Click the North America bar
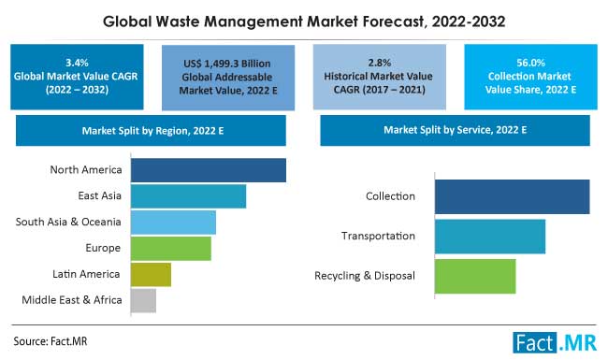click(208, 170)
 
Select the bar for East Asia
click(188, 196)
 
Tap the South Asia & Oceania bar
click(173, 223)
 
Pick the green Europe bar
click(170, 248)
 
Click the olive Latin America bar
click(151, 274)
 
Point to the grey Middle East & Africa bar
click(143, 300)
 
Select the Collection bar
click(512, 197)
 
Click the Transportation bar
click(489, 237)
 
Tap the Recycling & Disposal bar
click(475, 276)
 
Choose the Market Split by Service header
click(456, 130)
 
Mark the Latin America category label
click(85, 274)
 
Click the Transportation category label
click(378, 237)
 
